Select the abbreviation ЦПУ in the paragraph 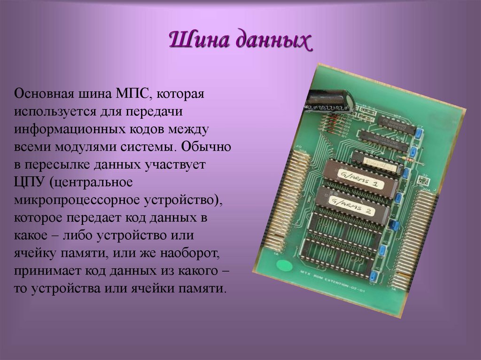click(29, 182)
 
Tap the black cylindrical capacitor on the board click(329, 100)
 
